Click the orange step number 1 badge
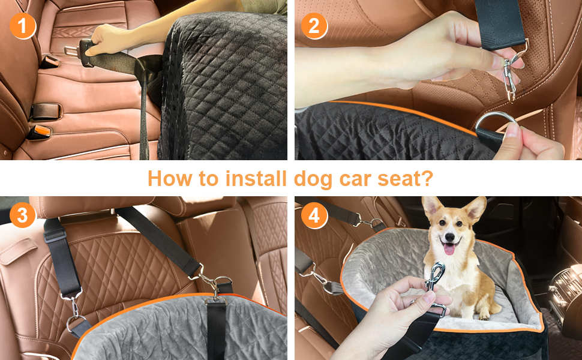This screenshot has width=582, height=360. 22,26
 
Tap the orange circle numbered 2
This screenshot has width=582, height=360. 314,26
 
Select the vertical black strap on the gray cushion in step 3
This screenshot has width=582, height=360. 215,327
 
